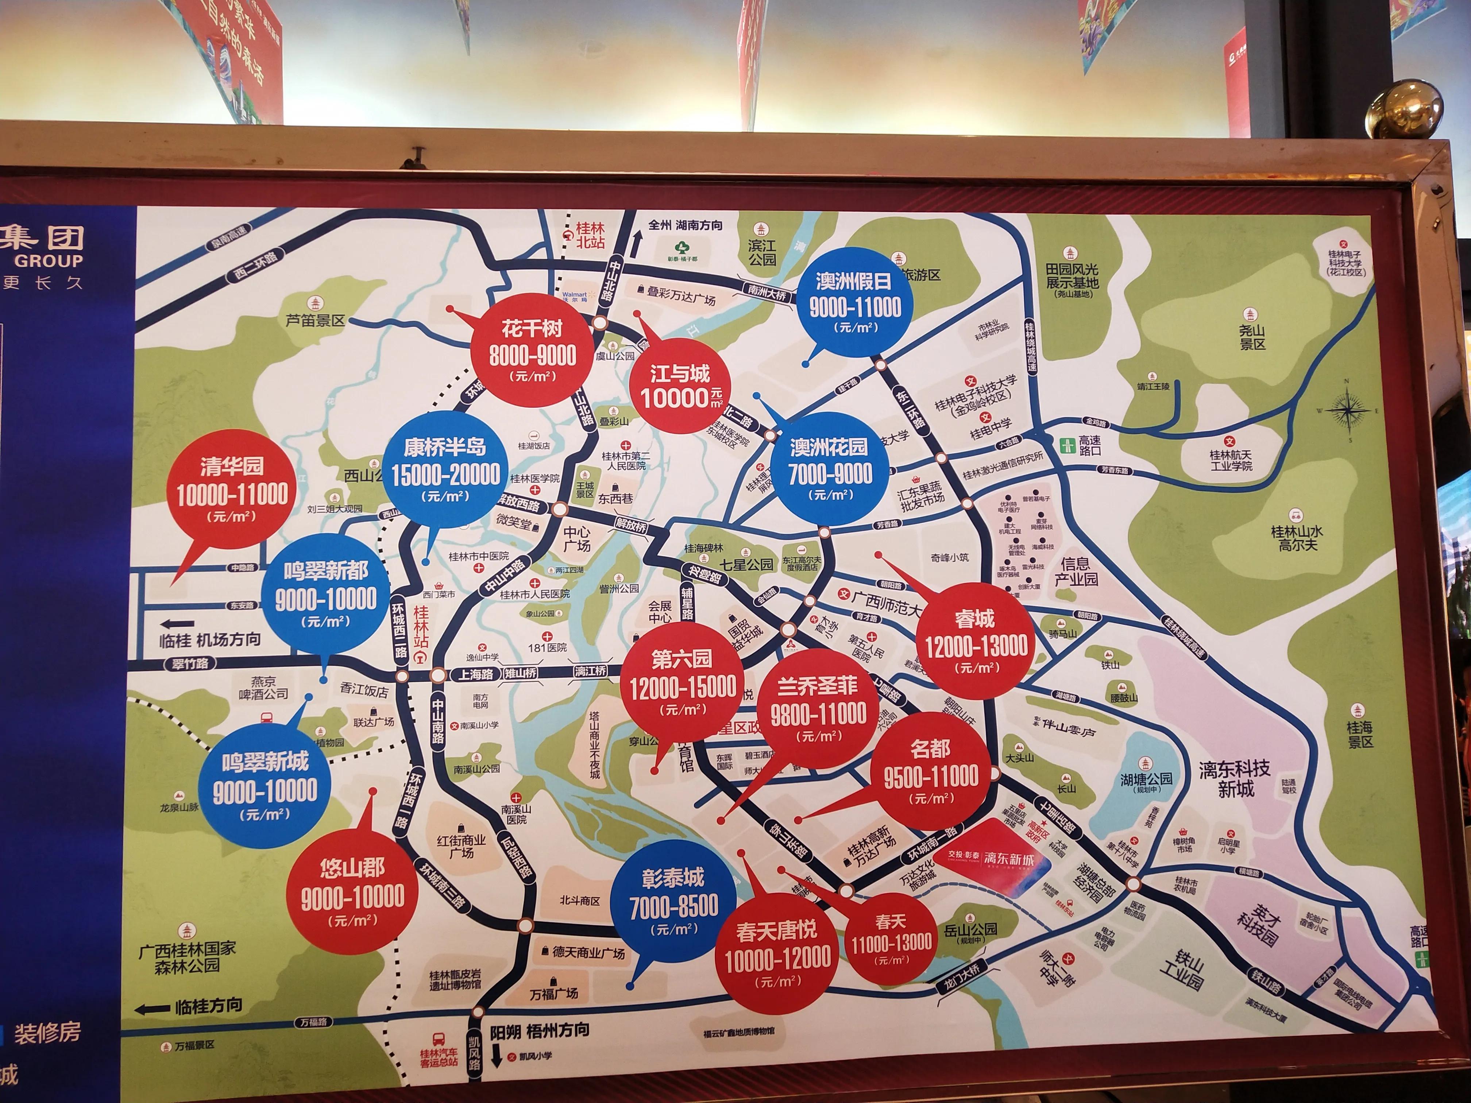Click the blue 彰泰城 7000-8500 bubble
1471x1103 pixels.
673,904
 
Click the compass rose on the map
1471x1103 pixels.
1348,411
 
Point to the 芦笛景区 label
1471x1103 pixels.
315,320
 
